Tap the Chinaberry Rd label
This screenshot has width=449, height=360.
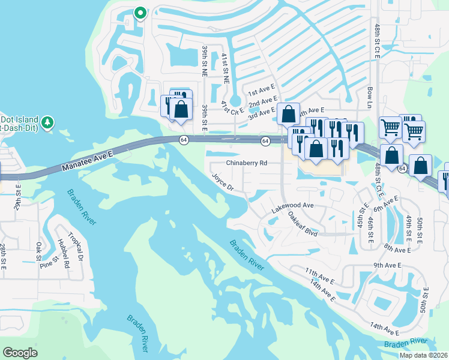click(246, 163)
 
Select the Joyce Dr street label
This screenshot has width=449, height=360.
click(222, 182)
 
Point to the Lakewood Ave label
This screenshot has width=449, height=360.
click(293, 205)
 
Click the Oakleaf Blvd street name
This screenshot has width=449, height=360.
click(302, 223)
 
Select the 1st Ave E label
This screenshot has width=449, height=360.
click(261, 91)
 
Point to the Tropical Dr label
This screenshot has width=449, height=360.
click(75, 244)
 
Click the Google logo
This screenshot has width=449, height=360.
click(20, 352)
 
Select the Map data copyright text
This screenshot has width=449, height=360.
click(424, 355)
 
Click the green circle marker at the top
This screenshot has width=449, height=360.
click(140, 11)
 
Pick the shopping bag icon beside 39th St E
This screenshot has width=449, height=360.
click(181, 109)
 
